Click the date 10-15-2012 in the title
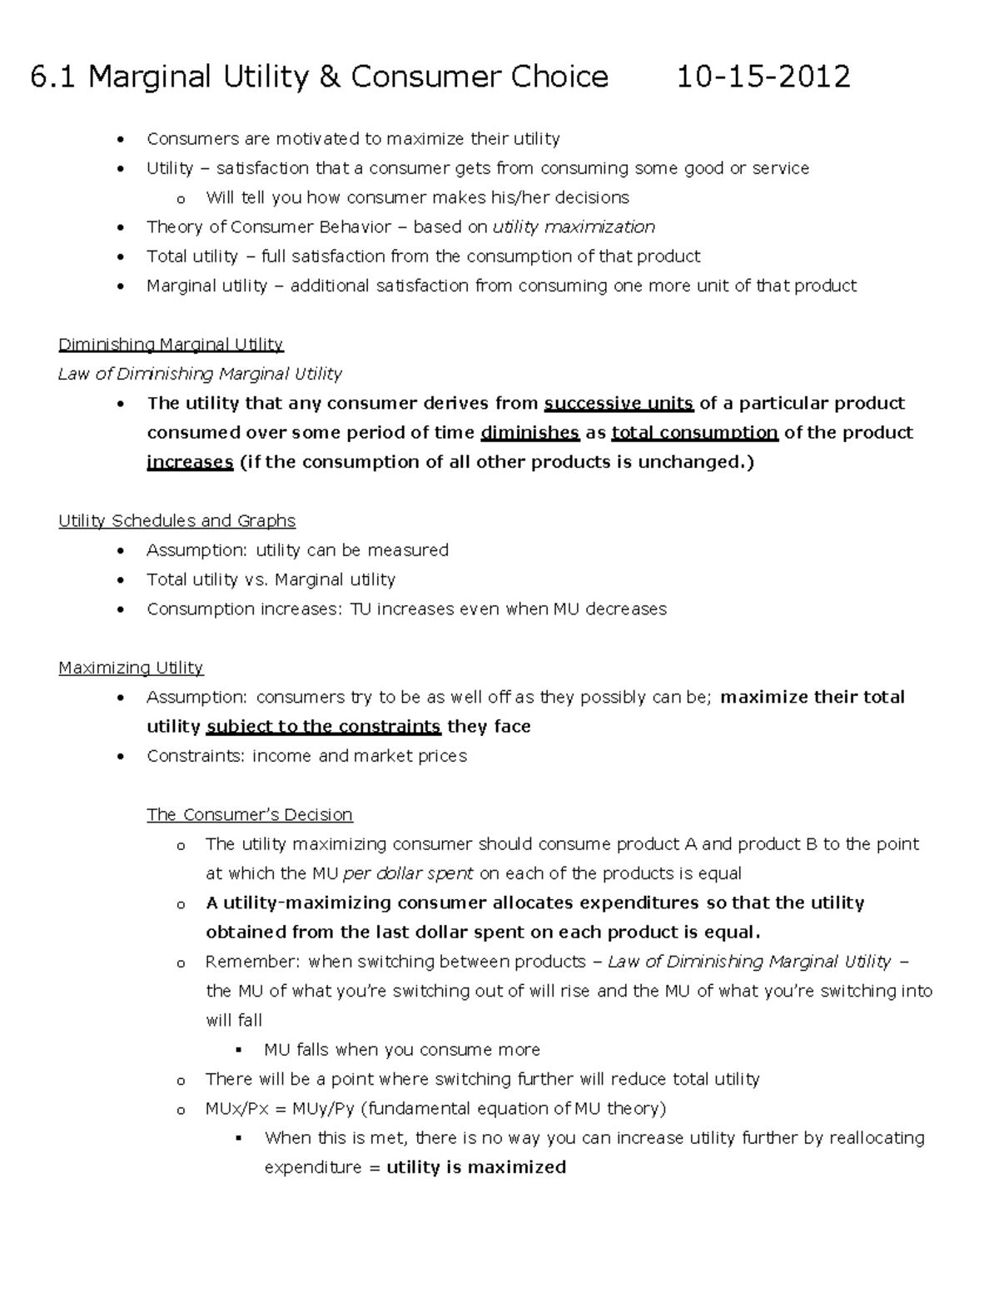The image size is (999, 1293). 763,77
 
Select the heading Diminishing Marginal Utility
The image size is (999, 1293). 171,345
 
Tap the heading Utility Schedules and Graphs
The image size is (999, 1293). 176,521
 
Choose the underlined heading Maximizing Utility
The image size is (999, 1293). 131,668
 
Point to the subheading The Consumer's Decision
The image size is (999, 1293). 250,814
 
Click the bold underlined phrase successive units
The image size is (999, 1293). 619,404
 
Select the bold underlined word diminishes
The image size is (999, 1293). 530,433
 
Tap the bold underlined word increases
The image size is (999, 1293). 190,462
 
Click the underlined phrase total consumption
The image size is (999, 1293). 694,433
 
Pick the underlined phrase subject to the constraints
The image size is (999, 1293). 323,727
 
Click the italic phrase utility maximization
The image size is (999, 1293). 574,227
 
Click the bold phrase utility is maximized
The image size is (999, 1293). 476,1167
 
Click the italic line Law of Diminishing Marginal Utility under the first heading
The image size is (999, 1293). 200,374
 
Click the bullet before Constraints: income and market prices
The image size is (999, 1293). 122,757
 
